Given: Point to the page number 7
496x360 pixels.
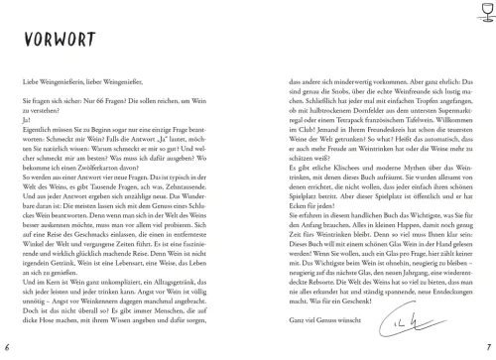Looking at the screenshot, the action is (x=488, y=347).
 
